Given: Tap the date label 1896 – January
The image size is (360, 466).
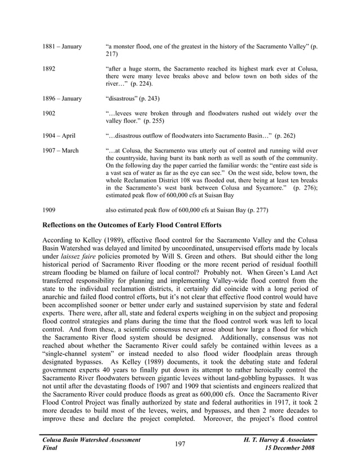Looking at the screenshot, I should click(62, 99).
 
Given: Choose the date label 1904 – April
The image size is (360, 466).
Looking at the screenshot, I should click(59, 136).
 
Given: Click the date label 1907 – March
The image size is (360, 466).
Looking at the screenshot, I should click(60, 151).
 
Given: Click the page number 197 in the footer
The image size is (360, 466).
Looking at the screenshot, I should click(180, 445).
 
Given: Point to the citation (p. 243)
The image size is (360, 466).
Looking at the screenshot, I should click(147, 99).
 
